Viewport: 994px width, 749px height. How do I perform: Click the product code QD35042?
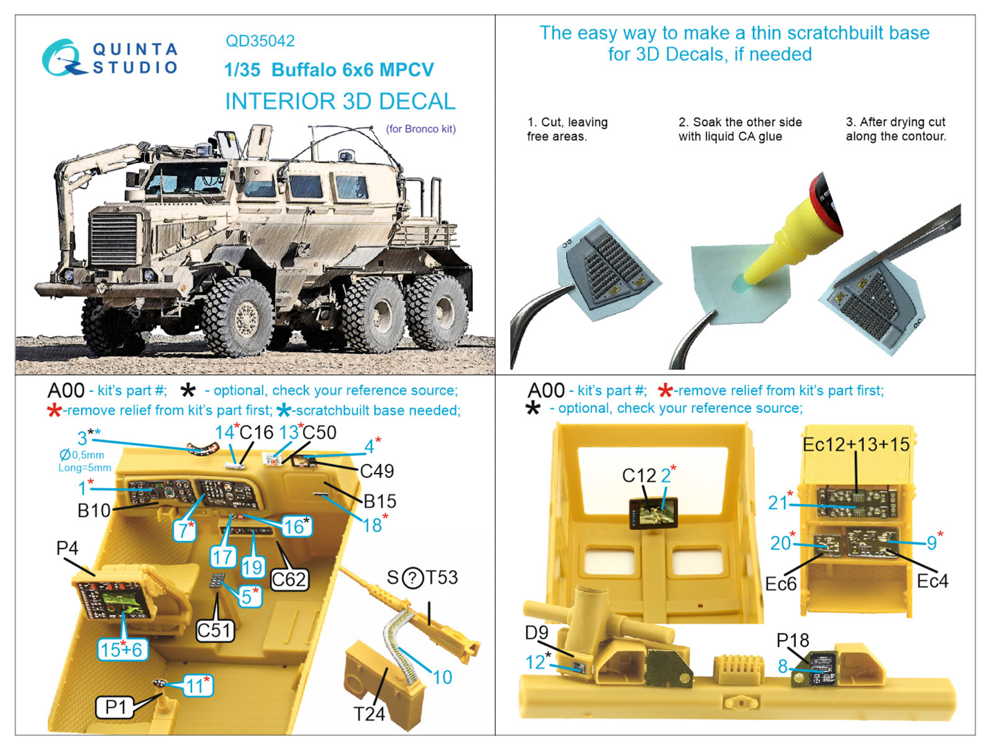(260, 41)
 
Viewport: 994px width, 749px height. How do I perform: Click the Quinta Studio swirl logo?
(62, 58)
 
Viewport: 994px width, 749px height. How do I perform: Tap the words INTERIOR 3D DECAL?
(340, 101)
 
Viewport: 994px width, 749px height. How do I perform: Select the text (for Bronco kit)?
(421, 129)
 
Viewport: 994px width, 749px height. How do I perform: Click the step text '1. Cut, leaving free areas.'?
(567, 129)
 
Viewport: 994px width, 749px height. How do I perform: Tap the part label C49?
(377, 471)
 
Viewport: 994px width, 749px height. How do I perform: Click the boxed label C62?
(289, 579)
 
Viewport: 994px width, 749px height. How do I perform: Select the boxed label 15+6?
(122, 650)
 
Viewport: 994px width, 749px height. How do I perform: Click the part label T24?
(369, 714)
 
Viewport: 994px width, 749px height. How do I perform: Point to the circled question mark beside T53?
(413, 578)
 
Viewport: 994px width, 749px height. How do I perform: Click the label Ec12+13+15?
(855, 444)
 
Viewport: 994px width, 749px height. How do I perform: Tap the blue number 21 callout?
(778, 502)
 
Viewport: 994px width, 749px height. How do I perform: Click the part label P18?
(793, 640)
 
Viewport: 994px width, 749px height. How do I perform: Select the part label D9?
(536, 633)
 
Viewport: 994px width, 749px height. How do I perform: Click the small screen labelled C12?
(653, 513)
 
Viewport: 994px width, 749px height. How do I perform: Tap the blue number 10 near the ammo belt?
(442, 678)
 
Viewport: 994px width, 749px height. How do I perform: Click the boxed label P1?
(115, 707)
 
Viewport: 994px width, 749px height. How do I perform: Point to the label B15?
(380, 501)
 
